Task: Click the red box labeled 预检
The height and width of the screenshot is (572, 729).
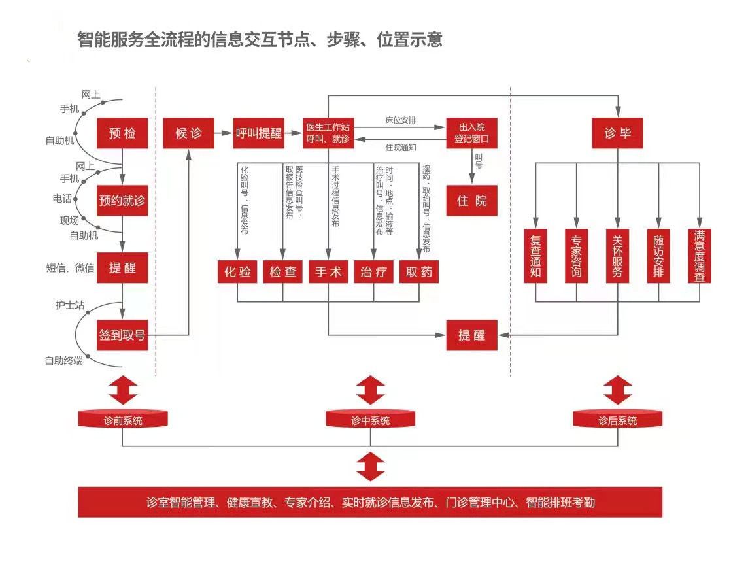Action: pos(122,133)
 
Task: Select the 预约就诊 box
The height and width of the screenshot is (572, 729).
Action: pos(122,201)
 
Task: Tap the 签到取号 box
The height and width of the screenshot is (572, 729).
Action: pos(122,335)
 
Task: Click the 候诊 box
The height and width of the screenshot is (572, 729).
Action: pos(188,133)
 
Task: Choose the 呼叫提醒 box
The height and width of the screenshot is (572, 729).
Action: pos(259,133)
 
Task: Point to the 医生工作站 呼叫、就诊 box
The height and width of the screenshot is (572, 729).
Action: pos(328,133)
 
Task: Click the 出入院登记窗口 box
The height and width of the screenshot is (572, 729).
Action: pos(471,133)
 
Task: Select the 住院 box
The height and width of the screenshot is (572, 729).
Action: pos(471,201)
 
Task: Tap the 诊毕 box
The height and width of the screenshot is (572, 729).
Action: pos(617,133)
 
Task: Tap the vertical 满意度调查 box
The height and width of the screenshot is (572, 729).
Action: pos(699,256)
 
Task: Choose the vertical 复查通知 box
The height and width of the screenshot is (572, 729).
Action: pos(535,256)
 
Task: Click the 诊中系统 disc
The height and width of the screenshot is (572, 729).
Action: pos(370,420)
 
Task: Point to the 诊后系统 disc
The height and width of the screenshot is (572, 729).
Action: pos(617,420)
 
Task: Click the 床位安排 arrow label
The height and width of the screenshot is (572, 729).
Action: pos(401,121)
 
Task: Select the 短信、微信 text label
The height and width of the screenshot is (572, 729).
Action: pos(70,267)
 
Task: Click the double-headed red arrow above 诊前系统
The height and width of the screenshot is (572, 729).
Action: pos(123,390)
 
